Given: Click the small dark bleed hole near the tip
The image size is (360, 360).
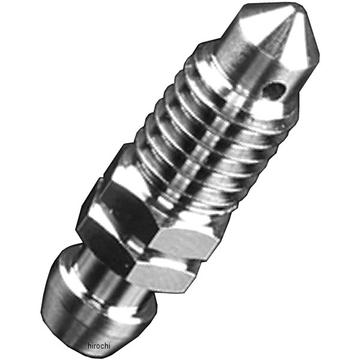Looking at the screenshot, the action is coord(274,90).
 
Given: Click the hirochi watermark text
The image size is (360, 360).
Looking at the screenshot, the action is coord(99,346).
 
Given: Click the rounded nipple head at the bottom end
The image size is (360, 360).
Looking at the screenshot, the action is coord(92,303).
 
